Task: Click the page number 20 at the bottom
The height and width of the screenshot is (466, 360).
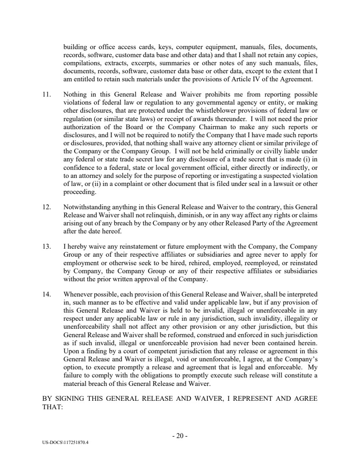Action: click(x=180, y=436)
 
